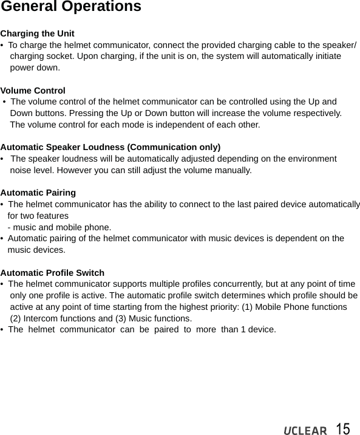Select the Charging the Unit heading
coord(37,33)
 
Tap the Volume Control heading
coord(33,91)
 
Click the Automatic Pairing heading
coord(38,193)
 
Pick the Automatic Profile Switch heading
coord(52,273)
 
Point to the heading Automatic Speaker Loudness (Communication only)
coord(110,147)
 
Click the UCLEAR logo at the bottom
coord(305,431)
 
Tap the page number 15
coord(342,429)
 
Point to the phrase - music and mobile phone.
coord(59,227)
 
